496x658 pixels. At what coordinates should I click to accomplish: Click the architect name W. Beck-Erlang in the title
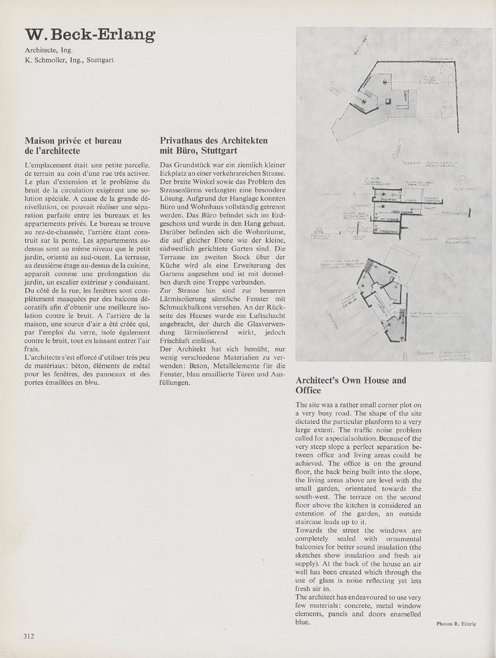point(90,36)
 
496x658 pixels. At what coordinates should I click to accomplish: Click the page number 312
point(29,635)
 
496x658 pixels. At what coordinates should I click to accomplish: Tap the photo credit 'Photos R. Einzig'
point(455,624)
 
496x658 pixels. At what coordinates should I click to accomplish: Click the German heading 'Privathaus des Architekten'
point(214,141)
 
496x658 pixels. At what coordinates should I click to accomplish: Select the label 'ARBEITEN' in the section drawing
point(388,227)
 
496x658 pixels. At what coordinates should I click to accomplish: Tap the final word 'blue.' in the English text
point(303,622)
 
